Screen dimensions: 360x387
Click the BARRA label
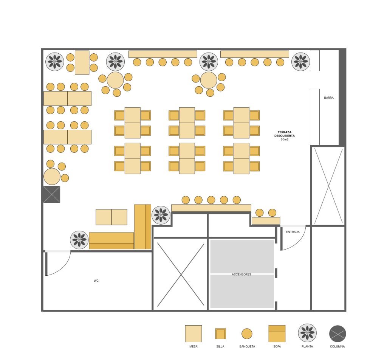328,98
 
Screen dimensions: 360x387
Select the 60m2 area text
284,139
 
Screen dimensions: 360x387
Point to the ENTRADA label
293,232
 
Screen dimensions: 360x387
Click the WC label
96,281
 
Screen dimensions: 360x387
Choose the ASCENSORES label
241,274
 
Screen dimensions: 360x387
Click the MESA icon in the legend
193,334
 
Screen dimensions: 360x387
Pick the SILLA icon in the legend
220,334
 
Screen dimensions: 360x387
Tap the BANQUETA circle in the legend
247,334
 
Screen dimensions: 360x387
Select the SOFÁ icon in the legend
277,334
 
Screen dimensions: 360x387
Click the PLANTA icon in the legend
307,333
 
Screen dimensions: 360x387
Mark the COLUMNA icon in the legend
337,334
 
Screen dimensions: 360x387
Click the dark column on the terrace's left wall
52,194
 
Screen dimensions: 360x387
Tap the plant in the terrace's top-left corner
55,61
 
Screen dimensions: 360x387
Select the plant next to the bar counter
301,61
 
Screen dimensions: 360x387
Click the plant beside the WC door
79,240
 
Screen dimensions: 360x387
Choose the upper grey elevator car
242,256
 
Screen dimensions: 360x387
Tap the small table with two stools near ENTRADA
266,220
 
